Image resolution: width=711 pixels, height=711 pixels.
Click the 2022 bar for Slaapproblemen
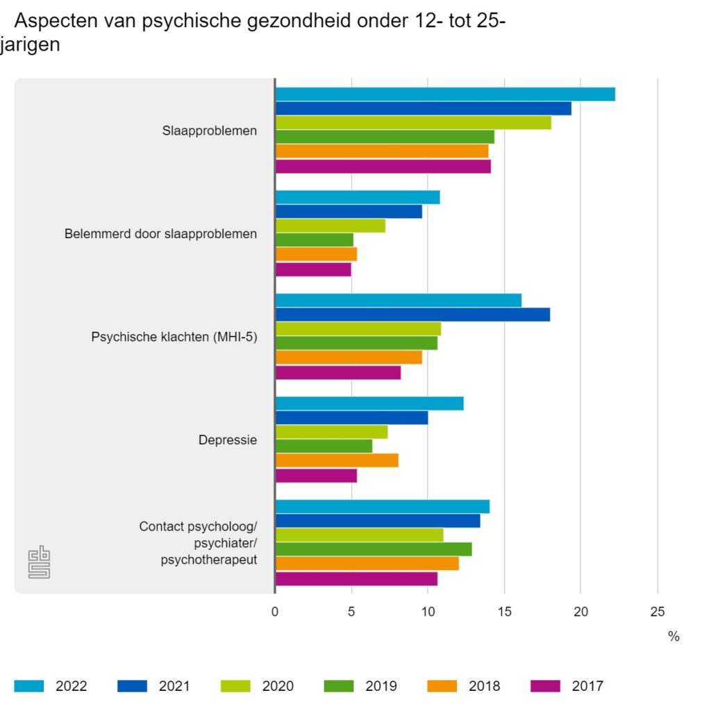tap(444, 94)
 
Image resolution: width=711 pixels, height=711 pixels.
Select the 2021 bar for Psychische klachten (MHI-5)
tap(412, 315)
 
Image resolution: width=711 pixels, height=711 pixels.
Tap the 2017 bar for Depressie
tap(316, 476)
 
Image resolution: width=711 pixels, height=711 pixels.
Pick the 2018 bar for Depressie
tap(337, 460)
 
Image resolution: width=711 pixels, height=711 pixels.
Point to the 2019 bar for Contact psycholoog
tap(374, 549)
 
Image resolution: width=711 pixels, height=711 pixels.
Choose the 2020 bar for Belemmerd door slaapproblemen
tap(331, 226)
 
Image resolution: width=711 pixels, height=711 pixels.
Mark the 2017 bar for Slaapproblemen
tap(383, 167)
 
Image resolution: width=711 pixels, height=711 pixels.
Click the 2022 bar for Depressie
tap(369, 403)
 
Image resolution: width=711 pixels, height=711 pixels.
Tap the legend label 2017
tap(587, 686)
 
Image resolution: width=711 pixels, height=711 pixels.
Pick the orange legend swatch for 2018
tap(443, 686)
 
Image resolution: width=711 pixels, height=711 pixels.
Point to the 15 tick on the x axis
tap(505, 612)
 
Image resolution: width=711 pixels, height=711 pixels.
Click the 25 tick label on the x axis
tap(657, 612)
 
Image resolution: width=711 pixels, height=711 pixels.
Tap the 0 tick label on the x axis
tap(275, 612)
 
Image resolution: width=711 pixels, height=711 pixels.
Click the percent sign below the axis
tap(673, 637)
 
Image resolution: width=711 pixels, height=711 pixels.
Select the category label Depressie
tap(228, 440)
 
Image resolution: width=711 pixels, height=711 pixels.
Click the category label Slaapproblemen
tap(209, 131)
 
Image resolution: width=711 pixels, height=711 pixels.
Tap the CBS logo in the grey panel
tap(39, 562)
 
